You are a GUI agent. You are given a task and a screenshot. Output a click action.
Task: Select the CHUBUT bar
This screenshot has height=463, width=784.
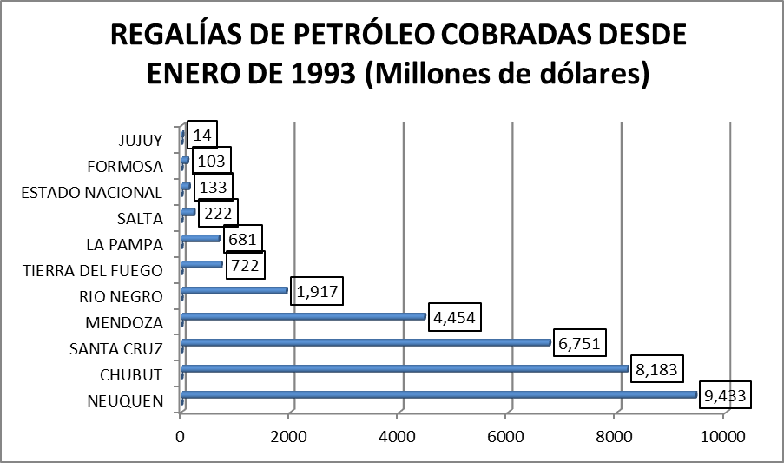[405, 369]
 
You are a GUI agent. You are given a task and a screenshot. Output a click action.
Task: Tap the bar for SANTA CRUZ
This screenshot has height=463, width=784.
[366, 342]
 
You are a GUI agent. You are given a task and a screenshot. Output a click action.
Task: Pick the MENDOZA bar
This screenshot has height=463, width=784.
[304, 316]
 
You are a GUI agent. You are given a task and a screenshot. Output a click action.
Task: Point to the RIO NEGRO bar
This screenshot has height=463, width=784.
[234, 290]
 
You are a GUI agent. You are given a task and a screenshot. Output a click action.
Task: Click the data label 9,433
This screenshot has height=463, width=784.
[724, 395]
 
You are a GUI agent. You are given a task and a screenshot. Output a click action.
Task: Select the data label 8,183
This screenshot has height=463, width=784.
[656, 369]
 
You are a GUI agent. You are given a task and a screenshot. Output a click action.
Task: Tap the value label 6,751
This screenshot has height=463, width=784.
[578, 342]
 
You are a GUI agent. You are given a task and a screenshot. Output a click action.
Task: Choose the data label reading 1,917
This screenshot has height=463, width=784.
[317, 291]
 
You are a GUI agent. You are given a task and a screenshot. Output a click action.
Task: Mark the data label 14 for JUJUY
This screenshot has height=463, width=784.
[202, 135]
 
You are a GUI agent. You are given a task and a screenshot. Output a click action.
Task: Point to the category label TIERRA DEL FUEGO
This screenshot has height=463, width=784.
[91, 270]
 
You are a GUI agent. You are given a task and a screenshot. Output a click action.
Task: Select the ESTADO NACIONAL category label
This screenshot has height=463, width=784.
[91, 192]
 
